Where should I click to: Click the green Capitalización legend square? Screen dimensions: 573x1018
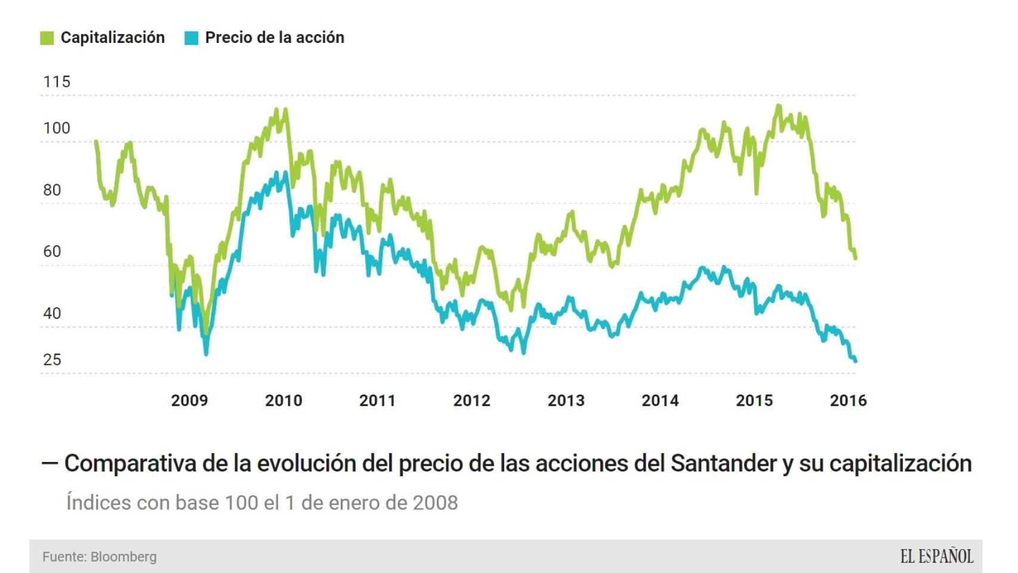pos(47,38)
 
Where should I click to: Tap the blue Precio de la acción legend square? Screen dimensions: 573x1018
pos(192,38)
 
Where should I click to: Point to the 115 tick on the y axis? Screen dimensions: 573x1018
pos(57,82)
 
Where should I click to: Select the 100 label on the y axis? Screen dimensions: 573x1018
pos(57,128)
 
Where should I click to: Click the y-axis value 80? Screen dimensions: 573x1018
pos(53,190)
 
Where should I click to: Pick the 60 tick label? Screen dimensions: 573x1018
pos(53,252)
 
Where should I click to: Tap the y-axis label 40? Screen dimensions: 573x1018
pos(53,314)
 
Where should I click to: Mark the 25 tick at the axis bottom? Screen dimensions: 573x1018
pos(53,360)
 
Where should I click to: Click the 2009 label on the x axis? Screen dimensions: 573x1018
pos(189,401)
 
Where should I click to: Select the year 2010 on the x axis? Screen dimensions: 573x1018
pos(283,401)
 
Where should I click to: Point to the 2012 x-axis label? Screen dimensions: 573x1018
pos(471,401)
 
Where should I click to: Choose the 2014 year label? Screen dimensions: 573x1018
pos(660,401)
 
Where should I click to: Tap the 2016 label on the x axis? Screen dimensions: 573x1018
pos(848,401)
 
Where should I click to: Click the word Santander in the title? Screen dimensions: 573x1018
pos(723,464)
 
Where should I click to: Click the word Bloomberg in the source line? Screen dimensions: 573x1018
pos(124,557)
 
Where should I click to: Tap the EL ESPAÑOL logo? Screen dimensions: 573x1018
pos(937,557)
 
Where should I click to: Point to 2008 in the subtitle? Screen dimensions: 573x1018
pos(435,503)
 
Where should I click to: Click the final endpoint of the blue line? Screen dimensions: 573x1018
pos(856,361)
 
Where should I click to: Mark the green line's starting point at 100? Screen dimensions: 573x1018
pos(96,142)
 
